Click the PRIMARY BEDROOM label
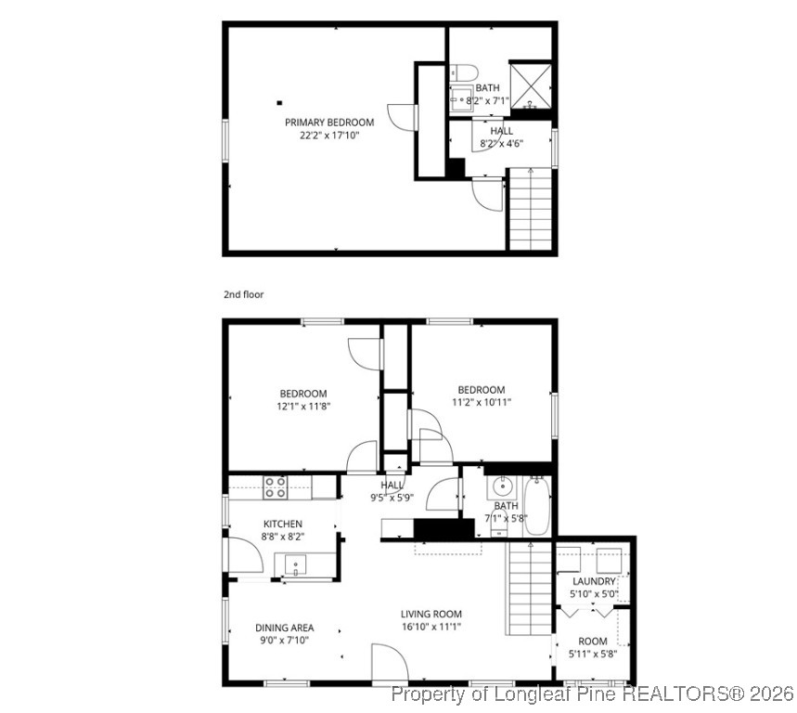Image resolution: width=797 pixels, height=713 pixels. click(328, 123)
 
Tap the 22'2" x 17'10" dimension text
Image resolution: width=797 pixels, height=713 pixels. click(328, 136)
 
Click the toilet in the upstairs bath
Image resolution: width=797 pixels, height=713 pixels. click(466, 71)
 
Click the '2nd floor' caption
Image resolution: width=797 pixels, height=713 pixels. click(243, 294)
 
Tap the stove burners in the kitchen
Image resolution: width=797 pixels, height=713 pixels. click(276, 487)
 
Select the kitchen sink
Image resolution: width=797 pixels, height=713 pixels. click(296, 564)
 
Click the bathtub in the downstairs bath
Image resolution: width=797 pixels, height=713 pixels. click(536, 507)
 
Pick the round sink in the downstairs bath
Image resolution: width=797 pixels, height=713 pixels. click(502, 486)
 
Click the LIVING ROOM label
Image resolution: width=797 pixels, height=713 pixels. click(431, 614)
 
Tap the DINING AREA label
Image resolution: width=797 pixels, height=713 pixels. click(284, 628)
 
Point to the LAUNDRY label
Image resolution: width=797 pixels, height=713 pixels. click(593, 581)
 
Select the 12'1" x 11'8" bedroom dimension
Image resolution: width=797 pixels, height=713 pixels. click(303, 406)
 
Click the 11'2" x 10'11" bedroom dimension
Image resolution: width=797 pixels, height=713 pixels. click(481, 402)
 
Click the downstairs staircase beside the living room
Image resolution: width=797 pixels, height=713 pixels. click(530, 589)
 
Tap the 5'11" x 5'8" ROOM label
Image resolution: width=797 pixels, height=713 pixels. click(593, 647)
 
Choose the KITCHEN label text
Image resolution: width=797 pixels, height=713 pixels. click(282, 524)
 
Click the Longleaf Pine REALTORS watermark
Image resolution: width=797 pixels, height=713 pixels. click(592, 693)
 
